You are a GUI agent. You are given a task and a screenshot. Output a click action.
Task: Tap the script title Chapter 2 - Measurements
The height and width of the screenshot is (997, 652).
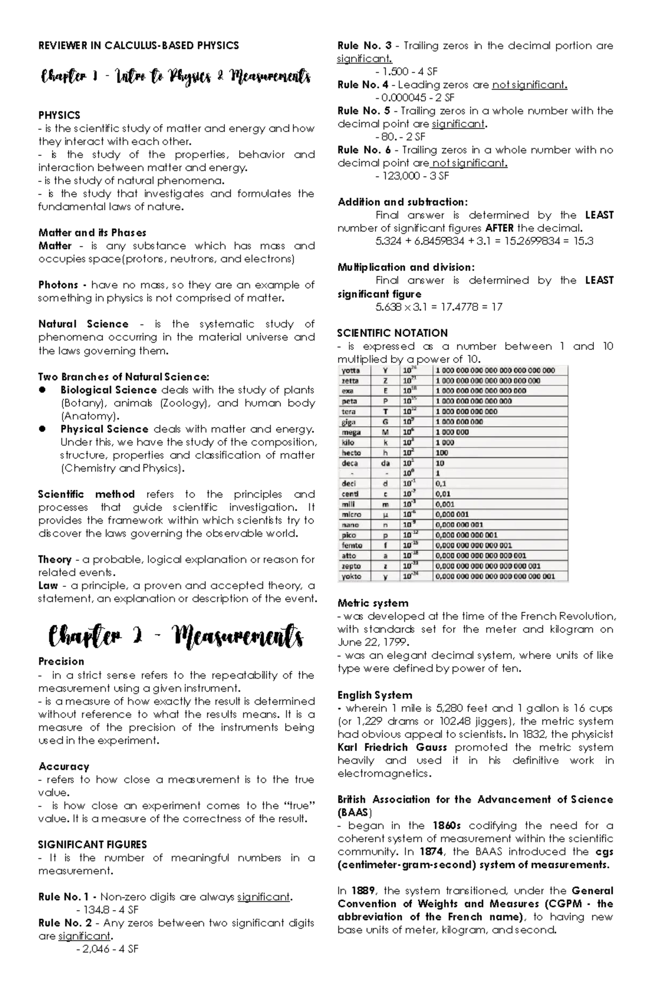[175, 636]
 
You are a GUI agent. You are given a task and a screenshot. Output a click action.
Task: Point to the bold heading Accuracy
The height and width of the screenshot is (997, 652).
[64, 766]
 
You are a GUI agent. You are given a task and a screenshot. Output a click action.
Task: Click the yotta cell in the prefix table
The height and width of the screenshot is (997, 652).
[351, 370]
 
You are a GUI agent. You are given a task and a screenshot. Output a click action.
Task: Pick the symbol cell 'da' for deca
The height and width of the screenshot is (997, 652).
[385, 463]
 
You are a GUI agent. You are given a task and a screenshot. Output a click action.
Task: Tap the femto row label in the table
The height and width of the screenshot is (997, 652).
[352, 545]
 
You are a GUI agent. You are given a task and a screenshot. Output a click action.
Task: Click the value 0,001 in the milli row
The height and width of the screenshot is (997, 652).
[445, 504]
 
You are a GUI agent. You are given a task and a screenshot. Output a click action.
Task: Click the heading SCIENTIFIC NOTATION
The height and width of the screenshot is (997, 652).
[392, 333]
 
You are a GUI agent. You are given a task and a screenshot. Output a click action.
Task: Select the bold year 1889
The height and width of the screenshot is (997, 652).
[362, 891]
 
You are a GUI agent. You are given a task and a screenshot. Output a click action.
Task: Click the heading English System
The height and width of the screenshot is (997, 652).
[374, 695]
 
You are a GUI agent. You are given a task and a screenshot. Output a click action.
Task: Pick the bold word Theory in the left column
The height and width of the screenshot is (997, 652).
[55, 559]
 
